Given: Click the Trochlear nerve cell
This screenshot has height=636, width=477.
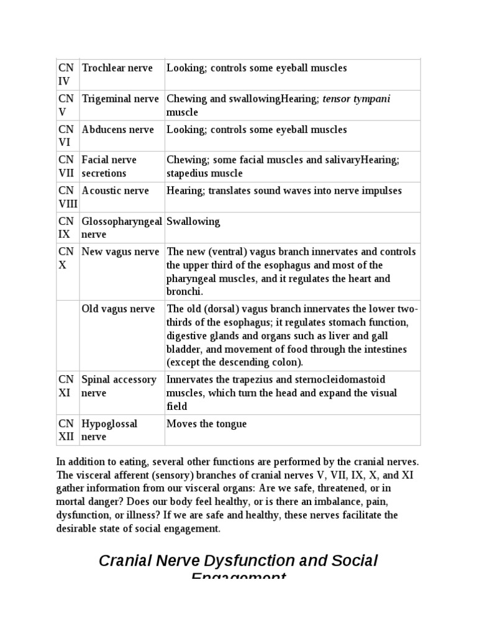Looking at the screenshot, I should [x=117, y=68].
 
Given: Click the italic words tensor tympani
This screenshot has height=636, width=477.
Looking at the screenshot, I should [x=357, y=99].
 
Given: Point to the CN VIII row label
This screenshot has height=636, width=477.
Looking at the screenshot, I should [x=68, y=197].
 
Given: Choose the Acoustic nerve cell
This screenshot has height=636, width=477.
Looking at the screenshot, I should [x=116, y=191].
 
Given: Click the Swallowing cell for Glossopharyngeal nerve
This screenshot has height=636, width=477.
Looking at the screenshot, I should [x=193, y=222].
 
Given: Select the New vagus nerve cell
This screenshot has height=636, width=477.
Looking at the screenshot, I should [x=120, y=252].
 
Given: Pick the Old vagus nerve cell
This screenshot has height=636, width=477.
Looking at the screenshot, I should [x=119, y=309].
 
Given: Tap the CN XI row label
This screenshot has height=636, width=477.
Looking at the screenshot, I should [x=65, y=386].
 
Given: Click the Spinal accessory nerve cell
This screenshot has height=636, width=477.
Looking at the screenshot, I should [x=119, y=386].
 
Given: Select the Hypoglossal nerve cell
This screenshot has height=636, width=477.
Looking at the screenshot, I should [x=110, y=430].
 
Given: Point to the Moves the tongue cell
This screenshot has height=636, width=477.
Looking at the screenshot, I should [x=206, y=424].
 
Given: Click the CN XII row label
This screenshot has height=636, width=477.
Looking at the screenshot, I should [x=66, y=430].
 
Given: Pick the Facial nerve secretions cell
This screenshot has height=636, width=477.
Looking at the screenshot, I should [x=109, y=166].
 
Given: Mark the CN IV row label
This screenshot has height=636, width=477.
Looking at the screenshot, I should [x=65, y=75].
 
